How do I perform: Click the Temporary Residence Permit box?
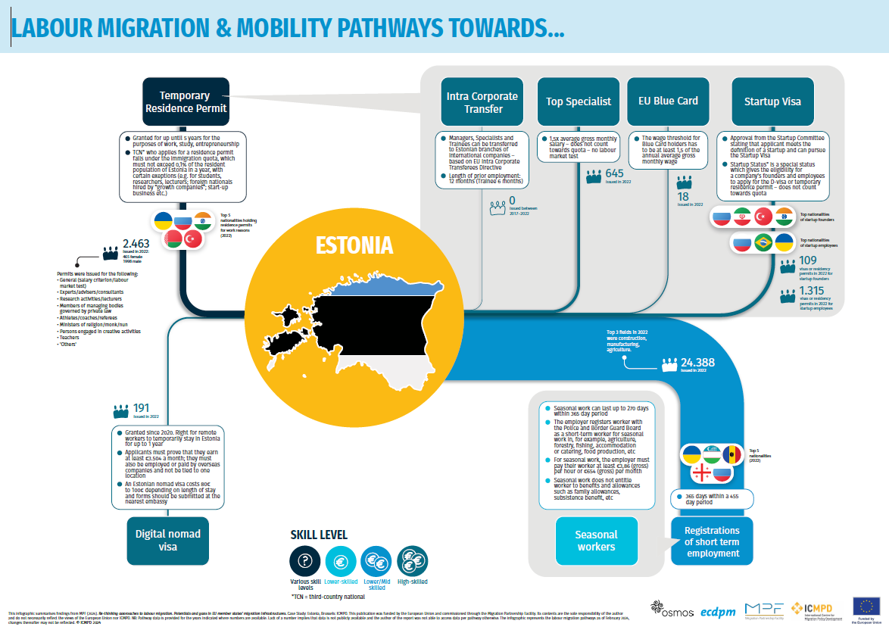(185, 102)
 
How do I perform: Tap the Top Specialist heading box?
(579, 101)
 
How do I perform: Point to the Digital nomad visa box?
(167, 541)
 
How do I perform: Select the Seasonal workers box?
(596, 541)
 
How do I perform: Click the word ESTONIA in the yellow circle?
(354, 245)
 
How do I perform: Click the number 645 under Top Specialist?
(614, 173)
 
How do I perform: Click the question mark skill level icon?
(305, 561)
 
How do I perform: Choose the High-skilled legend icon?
(413, 561)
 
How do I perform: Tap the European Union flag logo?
(866, 605)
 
